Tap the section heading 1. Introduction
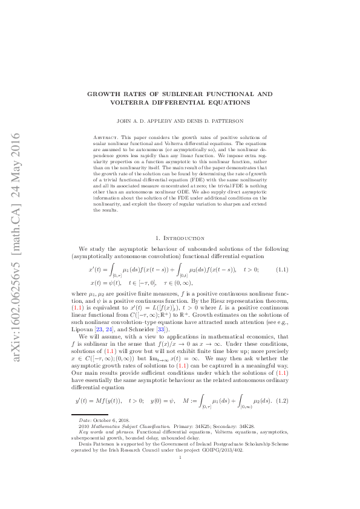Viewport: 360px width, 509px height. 180,222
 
